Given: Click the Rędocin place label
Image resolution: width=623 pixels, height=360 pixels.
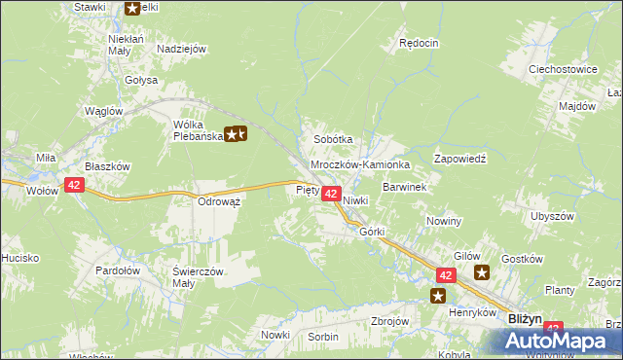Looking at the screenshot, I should coord(420,44).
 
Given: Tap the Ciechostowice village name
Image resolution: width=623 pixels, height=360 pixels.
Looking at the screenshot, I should coord(562,70).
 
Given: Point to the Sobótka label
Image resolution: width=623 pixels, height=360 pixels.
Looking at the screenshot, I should coord(332,139).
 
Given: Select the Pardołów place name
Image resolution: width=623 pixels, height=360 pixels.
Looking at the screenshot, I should coord(119,270).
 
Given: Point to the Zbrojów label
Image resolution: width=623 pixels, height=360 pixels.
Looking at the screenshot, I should coord(390,321).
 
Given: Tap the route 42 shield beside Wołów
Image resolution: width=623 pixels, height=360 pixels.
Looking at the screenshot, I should coord(75,185).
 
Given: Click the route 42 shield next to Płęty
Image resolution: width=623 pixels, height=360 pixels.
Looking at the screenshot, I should coord(330,195).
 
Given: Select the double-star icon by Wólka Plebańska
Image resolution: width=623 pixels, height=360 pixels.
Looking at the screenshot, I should coord(236,135).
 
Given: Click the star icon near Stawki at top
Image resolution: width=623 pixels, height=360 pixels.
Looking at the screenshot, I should coord(132,9).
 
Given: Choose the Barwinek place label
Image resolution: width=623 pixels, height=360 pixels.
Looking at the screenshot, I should coord(405,186).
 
